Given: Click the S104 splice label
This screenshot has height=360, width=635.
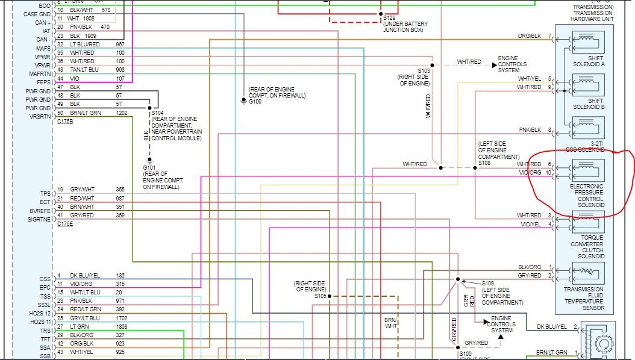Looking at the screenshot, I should pos(158,113).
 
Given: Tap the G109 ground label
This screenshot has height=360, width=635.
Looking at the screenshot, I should pos(256,102).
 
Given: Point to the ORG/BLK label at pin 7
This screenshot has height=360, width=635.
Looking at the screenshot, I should pos(529,36).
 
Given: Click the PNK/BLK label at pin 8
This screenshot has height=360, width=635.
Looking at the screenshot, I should pos(530,130).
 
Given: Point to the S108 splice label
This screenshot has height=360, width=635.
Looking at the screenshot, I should pos(485,163).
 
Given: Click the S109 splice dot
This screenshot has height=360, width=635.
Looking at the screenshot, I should pos(458,279).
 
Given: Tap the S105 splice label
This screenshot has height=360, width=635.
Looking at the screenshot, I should pos(319,296).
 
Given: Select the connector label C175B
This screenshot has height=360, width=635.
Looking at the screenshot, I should pos(66,122).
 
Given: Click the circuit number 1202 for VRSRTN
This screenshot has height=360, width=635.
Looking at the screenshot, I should pos(122,113).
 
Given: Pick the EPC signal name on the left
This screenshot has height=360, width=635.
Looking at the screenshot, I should pos(45,287).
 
